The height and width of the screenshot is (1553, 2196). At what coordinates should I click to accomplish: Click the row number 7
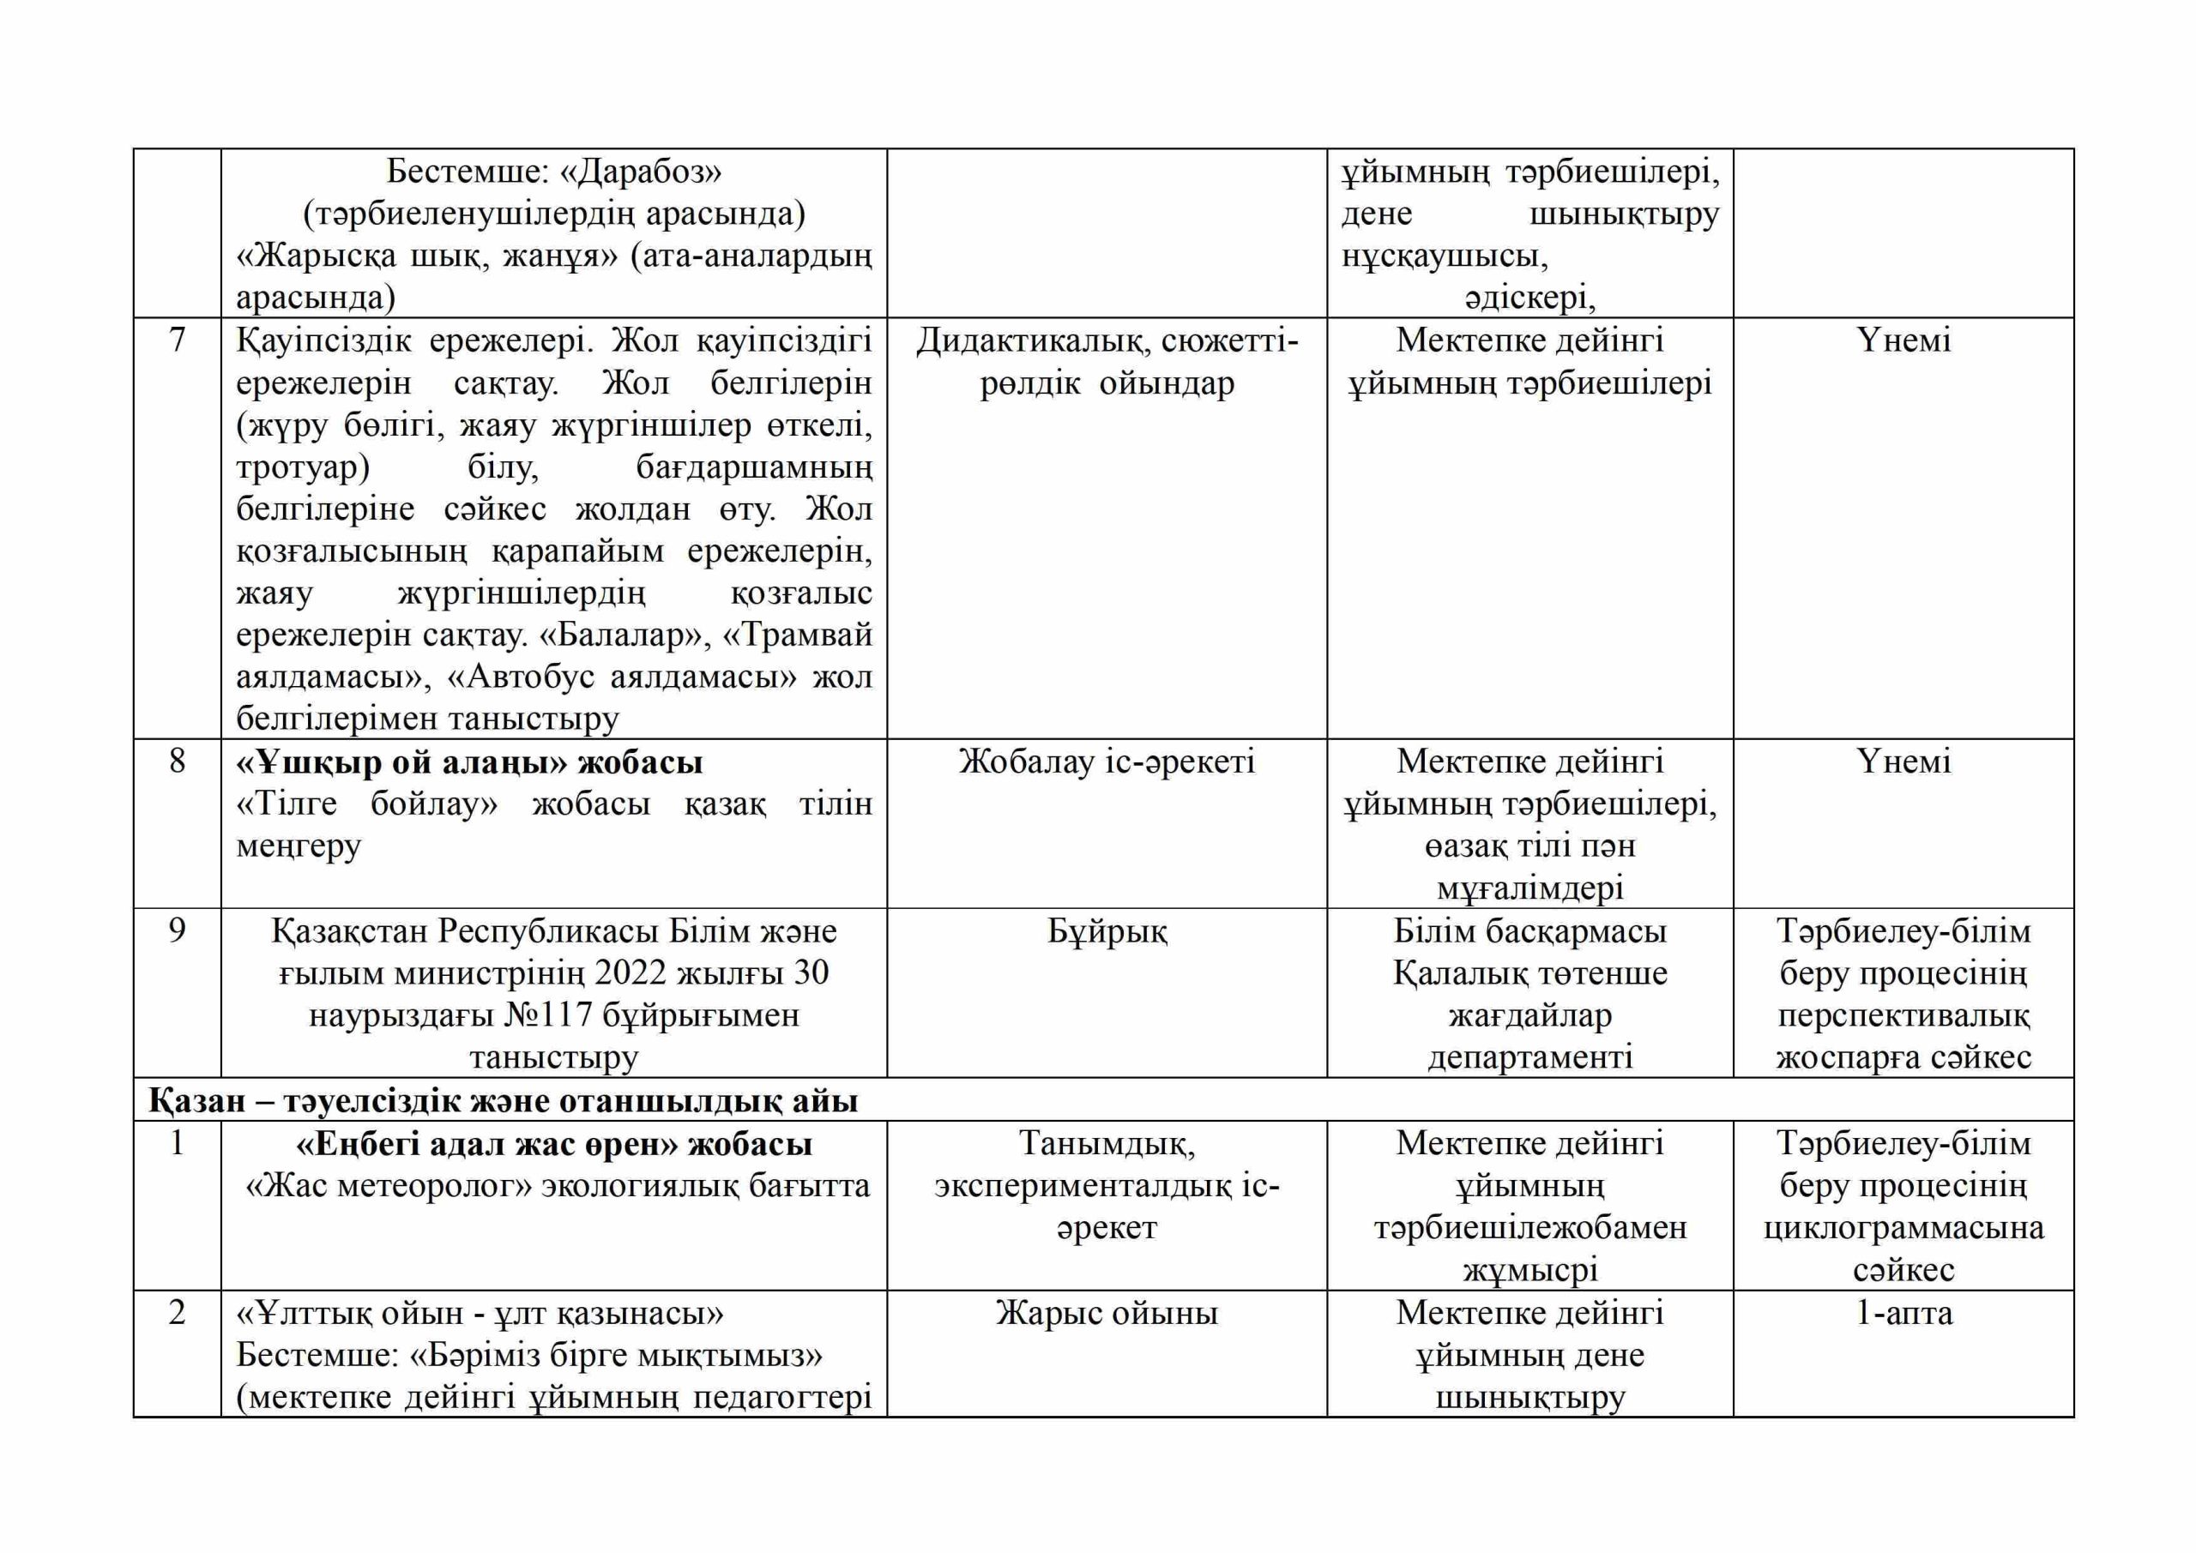177,340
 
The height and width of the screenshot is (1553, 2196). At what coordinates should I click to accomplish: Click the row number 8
177,761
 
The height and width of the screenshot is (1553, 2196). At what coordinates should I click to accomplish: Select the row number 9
177,930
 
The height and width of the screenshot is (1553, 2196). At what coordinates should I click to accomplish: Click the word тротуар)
303,467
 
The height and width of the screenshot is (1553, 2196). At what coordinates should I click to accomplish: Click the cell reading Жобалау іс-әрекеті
1107,761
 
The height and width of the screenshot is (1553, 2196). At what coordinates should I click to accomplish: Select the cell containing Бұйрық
1107,930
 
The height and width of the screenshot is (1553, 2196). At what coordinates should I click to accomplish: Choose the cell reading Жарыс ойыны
1107,1313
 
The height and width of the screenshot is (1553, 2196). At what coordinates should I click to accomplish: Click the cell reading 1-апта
1903,1313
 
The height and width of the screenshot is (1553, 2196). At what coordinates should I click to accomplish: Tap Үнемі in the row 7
1903,340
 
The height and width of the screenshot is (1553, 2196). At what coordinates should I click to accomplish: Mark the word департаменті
1529,1056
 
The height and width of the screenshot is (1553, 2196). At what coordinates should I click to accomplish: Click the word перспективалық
1903,1014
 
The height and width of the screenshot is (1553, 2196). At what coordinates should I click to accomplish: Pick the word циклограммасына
1903,1228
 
